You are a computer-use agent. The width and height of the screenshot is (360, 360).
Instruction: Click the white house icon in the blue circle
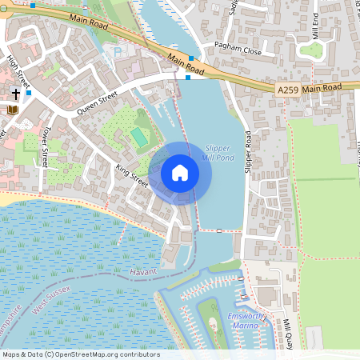180,172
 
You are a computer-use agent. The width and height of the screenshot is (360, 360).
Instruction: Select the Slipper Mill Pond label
218,152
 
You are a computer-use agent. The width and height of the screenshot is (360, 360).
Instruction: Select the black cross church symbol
15,94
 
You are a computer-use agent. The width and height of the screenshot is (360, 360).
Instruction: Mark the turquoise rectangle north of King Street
140,138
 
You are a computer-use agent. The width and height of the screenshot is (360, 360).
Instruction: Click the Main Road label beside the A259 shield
322,86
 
